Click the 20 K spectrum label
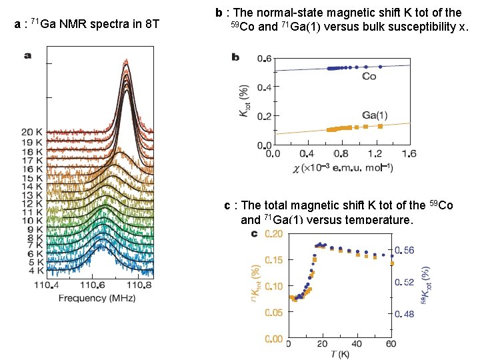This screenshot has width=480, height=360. [x=31, y=131]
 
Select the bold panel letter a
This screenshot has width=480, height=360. [x=28, y=56]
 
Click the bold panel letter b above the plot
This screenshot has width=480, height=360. [x=235, y=57]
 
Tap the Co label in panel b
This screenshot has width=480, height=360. [x=369, y=77]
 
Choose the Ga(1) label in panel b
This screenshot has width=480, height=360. [x=374, y=114]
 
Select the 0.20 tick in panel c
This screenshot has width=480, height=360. [x=273, y=234]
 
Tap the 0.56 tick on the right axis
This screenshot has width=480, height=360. [x=404, y=250]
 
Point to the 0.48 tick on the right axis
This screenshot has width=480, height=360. [x=404, y=313]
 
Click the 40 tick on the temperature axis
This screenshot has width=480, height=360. [x=356, y=344]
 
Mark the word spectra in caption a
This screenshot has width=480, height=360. [x=107, y=25]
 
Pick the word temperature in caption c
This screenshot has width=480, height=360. [x=371, y=220]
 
